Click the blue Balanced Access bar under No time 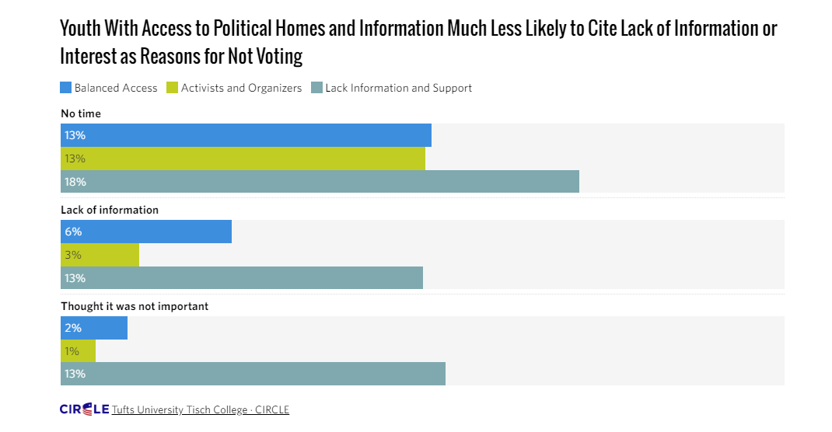coord(246,135)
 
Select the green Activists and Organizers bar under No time coord(243,159)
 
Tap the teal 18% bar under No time coord(320,182)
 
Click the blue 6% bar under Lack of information coord(146,232)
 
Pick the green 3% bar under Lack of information coord(100,255)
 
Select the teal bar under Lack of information coord(242,278)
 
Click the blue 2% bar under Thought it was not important coord(94,328)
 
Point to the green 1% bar coord(78,351)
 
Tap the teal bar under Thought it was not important coord(253,374)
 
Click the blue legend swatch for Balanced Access coord(66,88)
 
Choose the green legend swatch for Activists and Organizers coord(173,88)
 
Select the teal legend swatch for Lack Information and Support coord(316,88)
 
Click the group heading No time coord(81,113)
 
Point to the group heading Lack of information coord(110,210)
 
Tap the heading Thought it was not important coord(135,306)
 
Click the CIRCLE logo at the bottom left coord(84,409)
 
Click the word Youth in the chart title coord(81,30)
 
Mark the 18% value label coord(75,182)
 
